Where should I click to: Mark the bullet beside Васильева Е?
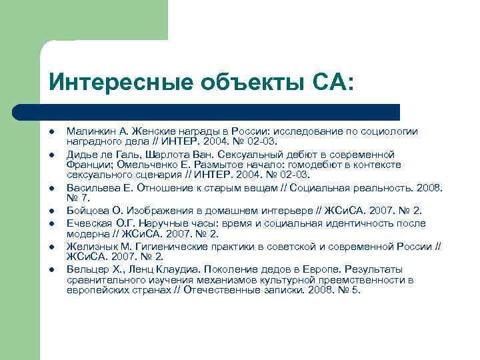pyautogui.click(x=51, y=189)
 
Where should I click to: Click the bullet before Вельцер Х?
pyautogui.click(x=51, y=269)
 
